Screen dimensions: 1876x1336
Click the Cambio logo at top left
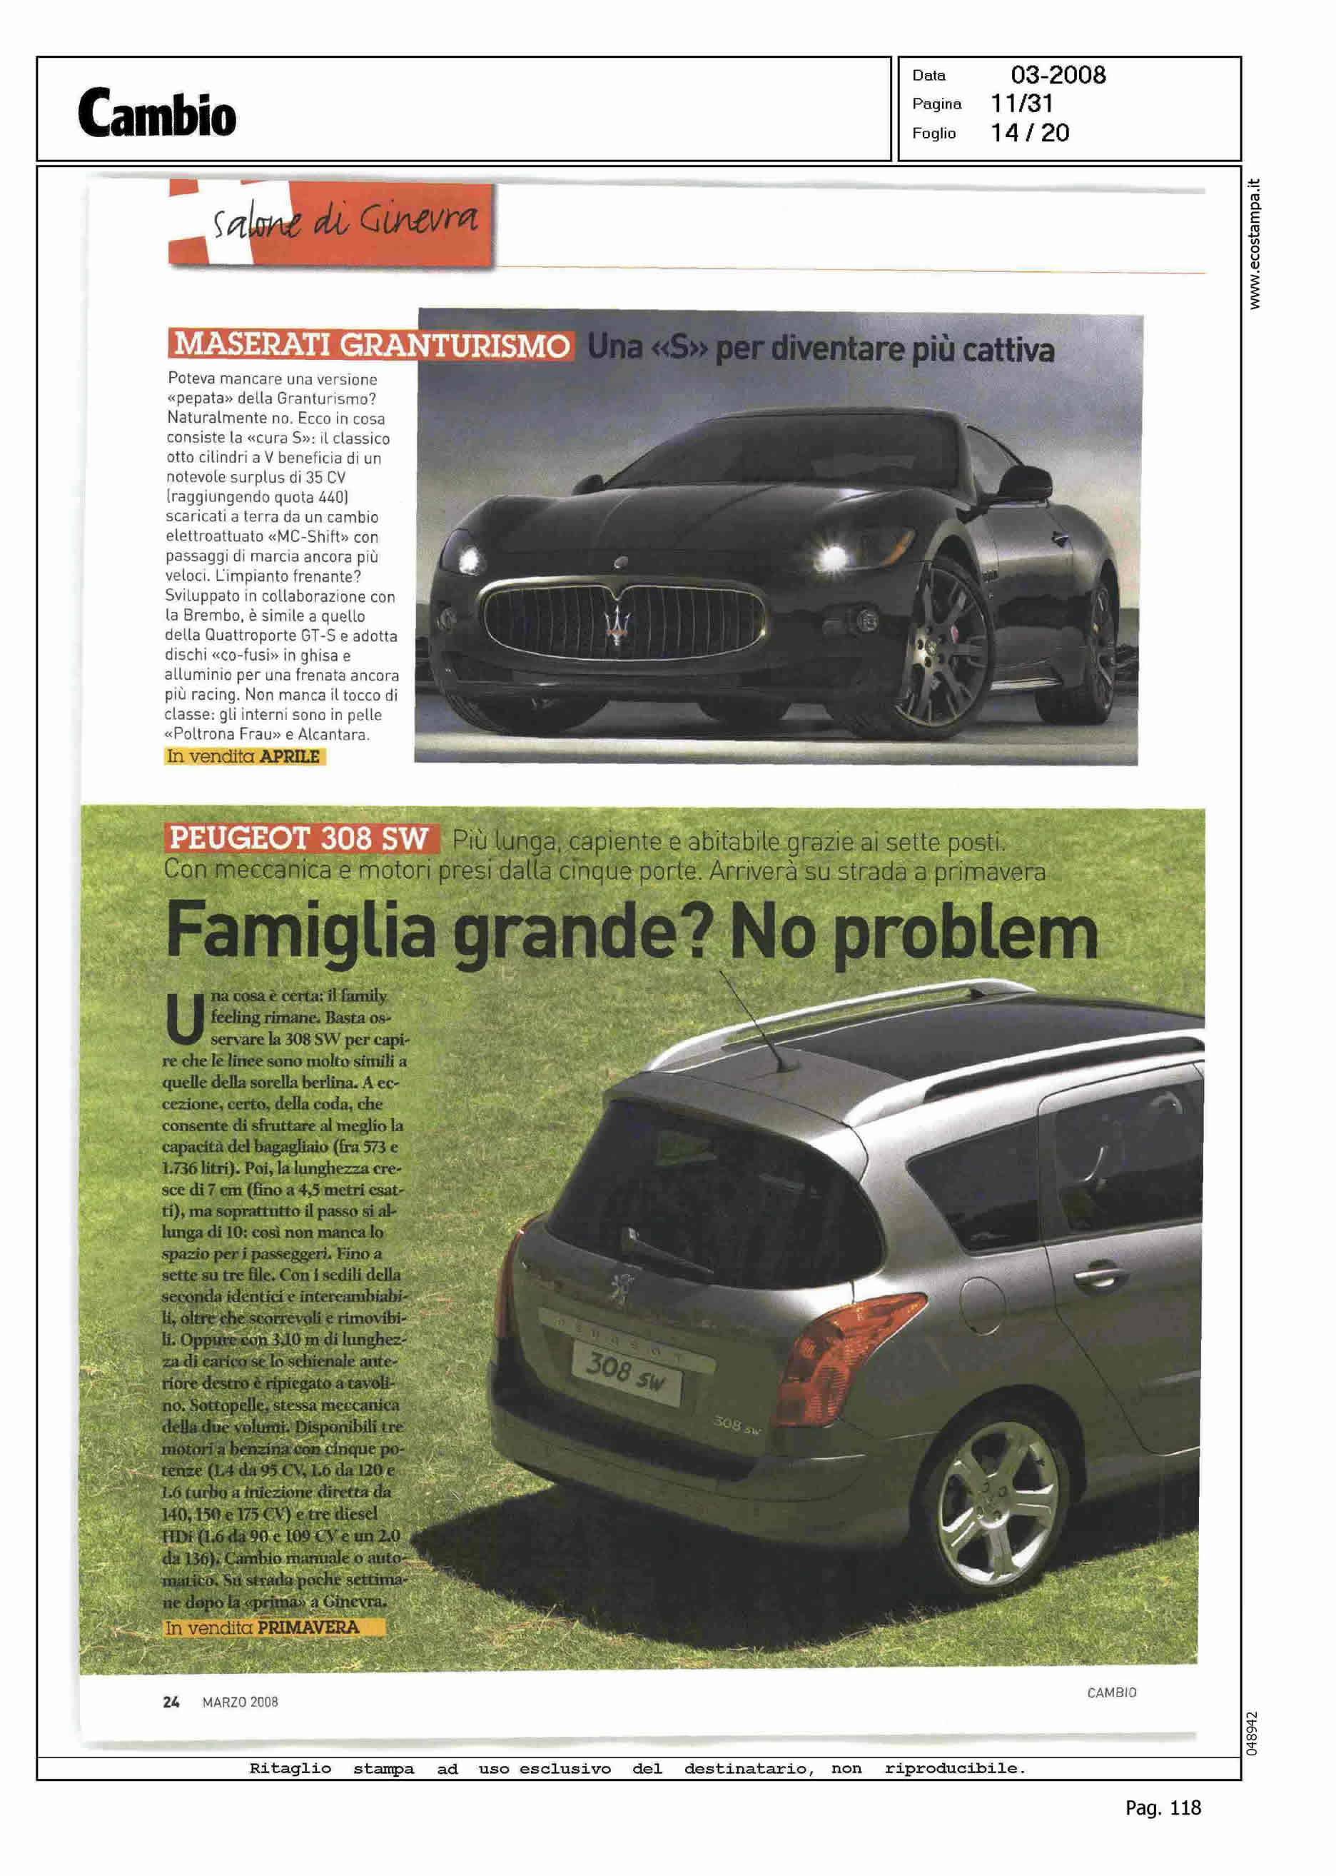(157, 113)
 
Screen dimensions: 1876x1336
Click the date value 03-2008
(1058, 75)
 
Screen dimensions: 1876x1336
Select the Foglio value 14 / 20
(1030, 133)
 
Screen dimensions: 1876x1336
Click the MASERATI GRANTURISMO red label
(370, 345)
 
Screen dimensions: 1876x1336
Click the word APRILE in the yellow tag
(289, 756)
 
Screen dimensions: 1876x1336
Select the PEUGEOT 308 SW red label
(300, 839)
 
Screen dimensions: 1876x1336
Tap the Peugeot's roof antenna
(756, 1020)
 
